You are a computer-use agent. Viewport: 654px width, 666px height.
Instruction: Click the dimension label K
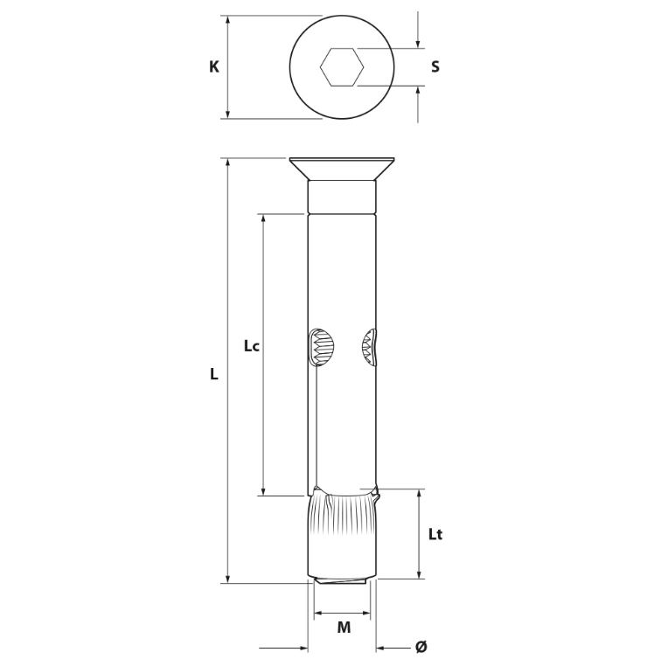point(214,66)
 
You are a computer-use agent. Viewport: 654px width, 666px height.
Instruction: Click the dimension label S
point(435,66)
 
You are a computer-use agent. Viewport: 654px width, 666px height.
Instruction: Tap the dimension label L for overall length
point(214,374)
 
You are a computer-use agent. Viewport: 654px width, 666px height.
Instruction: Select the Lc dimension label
point(251,346)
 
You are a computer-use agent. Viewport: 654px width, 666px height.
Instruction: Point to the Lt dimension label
point(435,534)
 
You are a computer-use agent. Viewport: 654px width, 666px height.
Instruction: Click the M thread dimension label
point(344,628)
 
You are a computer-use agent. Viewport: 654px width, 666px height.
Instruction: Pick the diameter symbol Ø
point(421,648)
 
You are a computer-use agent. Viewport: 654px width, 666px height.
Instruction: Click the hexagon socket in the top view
point(342,67)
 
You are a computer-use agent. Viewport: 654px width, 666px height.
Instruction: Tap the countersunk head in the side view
point(342,169)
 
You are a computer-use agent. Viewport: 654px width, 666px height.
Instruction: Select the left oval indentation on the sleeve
point(320,347)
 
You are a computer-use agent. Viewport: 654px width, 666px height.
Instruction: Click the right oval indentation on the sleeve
point(369,347)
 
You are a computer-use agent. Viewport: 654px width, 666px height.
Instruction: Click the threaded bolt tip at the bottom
point(342,580)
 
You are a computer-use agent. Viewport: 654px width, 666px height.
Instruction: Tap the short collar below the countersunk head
point(342,198)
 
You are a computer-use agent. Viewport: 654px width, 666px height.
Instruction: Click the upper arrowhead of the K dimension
point(228,19)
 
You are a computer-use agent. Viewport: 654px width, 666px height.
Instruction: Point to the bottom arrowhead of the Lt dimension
point(420,574)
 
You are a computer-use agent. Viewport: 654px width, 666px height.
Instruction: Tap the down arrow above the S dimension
point(418,30)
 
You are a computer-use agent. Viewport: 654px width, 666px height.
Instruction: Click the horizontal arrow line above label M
point(342,613)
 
